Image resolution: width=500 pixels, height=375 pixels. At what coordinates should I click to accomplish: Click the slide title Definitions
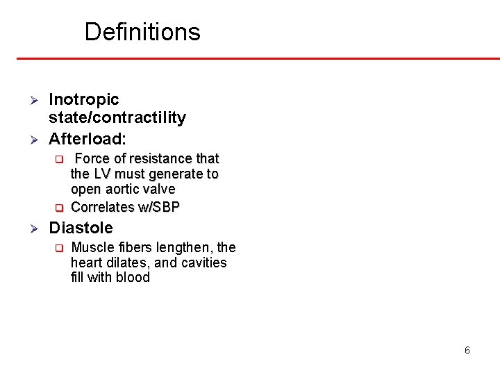pos(142,32)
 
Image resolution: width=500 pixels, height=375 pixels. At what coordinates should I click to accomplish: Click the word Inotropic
pos(84,100)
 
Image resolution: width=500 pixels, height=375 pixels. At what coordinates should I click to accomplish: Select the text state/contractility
pos(117,118)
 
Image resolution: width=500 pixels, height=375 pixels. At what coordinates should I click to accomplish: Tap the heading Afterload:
pos(87,138)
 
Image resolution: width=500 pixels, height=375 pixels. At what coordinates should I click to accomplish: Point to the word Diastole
pos(81,228)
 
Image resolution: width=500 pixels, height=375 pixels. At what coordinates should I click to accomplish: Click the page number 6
pos(467,350)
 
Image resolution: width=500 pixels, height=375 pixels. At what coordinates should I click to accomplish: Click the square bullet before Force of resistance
pos(59,159)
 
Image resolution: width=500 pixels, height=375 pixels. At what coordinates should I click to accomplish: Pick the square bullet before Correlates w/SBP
pos(59,208)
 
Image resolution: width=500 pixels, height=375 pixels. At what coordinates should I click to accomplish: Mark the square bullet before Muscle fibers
pos(59,248)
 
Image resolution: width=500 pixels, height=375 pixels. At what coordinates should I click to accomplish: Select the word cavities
pos(204,262)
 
